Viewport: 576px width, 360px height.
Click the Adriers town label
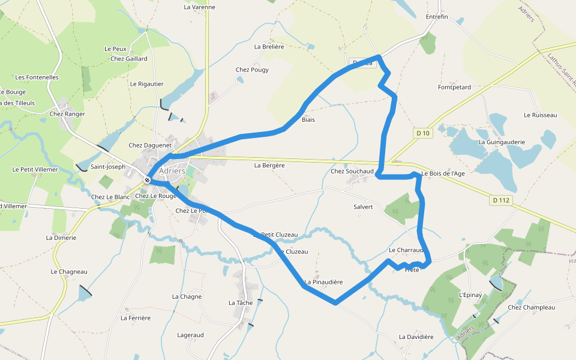(x=172, y=170)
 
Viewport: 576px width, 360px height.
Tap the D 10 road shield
(x=422, y=133)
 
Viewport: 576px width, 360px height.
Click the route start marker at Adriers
(x=147, y=179)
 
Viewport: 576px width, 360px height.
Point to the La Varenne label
(x=199, y=7)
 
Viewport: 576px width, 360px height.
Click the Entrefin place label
(x=436, y=17)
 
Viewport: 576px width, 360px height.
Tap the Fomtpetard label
(x=454, y=87)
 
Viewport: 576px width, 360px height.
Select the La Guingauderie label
(x=501, y=142)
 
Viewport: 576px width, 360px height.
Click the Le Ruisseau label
(x=540, y=115)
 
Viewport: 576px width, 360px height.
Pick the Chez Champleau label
(x=531, y=307)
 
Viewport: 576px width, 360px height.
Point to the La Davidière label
(x=416, y=337)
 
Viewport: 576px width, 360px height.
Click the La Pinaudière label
(x=323, y=282)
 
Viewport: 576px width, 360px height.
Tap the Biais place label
(x=308, y=119)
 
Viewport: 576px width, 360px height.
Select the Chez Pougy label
(x=252, y=70)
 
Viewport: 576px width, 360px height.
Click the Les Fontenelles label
(x=37, y=77)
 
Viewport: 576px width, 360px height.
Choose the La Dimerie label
(x=61, y=238)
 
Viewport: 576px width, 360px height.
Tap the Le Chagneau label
(x=69, y=271)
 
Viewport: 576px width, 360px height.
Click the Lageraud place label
(x=191, y=335)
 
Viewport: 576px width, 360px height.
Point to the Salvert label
(x=364, y=206)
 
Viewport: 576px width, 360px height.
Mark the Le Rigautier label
(x=146, y=84)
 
